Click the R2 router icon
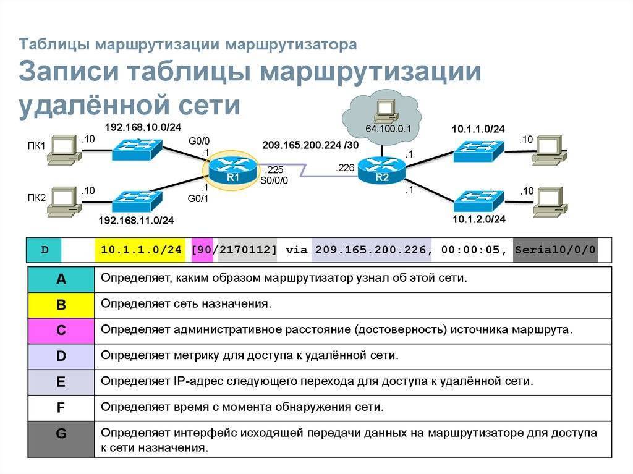pyautogui.click(x=382, y=169)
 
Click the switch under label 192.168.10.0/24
pyautogui.click(x=137, y=149)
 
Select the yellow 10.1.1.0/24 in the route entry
pyautogui.click(x=141, y=250)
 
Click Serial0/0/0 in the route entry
pyautogui.click(x=554, y=250)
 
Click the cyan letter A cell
pyautogui.click(x=61, y=279)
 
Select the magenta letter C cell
pyautogui.click(x=61, y=331)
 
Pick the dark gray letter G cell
pyautogui.click(x=61, y=434)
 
